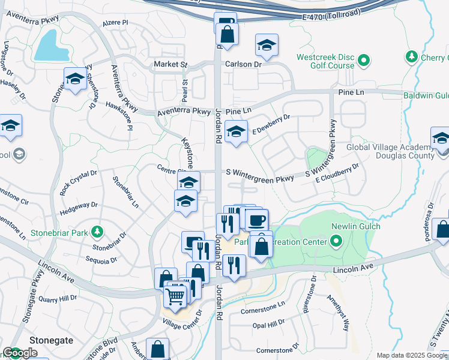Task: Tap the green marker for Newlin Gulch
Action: [336, 242]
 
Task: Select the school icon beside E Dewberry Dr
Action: [237, 131]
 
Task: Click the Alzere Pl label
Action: [116, 22]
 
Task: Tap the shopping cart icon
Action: [175, 295]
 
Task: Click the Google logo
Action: [20, 353]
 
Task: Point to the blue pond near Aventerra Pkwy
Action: [47, 47]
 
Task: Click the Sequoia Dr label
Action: [101, 260]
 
